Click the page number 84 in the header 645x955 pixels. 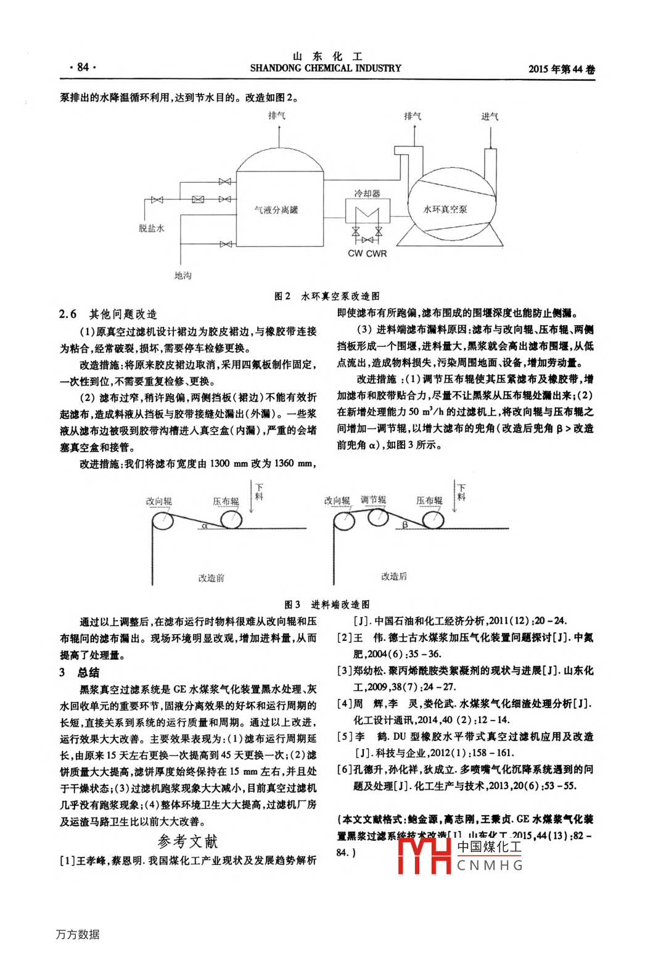[x=83, y=67]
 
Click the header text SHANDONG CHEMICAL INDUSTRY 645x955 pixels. [x=325, y=68]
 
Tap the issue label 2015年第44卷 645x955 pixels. [x=561, y=69]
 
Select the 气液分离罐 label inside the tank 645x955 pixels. [x=276, y=210]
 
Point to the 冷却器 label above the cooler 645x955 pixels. [x=367, y=193]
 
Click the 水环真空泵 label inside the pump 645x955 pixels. [x=445, y=209]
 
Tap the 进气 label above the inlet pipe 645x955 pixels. [x=490, y=116]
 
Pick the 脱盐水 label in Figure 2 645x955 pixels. [x=152, y=228]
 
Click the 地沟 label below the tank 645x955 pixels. [x=183, y=275]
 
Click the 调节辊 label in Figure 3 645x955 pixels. [x=373, y=500]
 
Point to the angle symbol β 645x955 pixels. [x=405, y=525]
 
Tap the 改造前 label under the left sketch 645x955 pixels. [x=211, y=577]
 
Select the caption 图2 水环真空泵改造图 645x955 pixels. [x=326, y=296]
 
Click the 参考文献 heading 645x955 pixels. [x=188, y=841]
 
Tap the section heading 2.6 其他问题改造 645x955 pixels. [x=109, y=314]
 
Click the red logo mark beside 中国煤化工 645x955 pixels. [x=424, y=855]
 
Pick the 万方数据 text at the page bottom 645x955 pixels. [x=78, y=934]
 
